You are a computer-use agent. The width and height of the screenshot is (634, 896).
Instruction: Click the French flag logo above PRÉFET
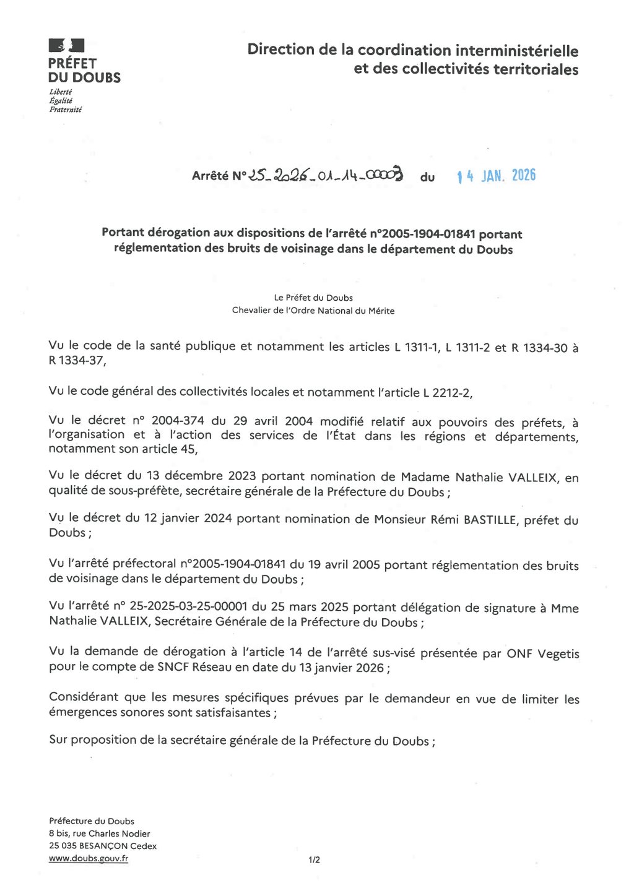(x=66, y=45)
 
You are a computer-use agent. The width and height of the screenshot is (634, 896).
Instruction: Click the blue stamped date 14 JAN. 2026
(x=496, y=176)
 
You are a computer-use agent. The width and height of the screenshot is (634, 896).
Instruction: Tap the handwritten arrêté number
(x=326, y=176)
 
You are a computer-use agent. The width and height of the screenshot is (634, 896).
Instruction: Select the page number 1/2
(x=315, y=859)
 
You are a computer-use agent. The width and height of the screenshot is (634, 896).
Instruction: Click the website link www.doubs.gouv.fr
(x=89, y=858)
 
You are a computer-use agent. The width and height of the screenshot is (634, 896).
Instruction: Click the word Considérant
(x=84, y=697)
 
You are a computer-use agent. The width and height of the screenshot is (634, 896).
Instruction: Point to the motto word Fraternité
(x=66, y=110)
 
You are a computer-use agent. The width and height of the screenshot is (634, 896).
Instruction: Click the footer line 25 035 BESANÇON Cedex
(x=103, y=846)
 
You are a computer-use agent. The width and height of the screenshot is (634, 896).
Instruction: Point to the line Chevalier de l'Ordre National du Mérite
(x=313, y=311)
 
